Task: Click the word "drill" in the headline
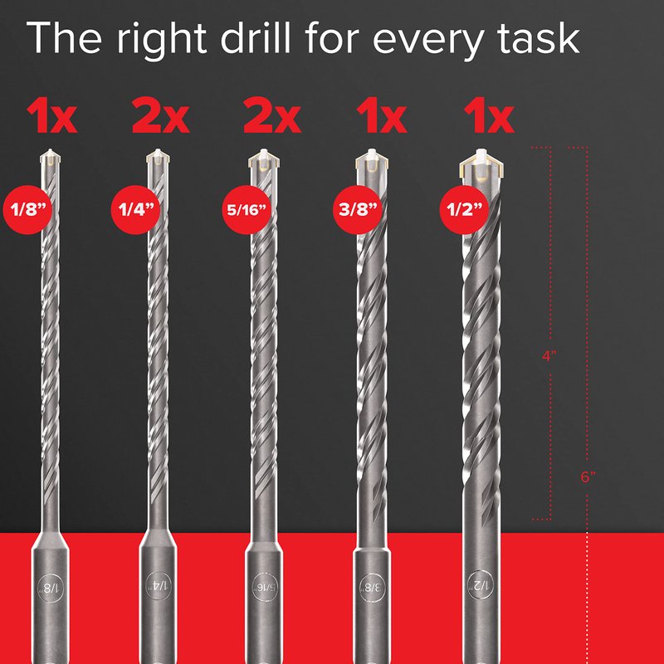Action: pyautogui.click(x=255, y=37)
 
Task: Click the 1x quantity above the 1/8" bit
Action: pyautogui.click(x=51, y=115)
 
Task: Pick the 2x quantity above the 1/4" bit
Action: pyautogui.click(x=160, y=115)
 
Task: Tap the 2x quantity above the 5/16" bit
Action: pyautogui.click(x=272, y=115)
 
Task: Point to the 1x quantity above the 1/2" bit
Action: pyautogui.click(x=489, y=115)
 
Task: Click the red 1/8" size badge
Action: pyautogui.click(x=27, y=210)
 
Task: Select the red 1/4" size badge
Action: pyautogui.click(x=135, y=210)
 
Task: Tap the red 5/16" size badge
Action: pyautogui.click(x=247, y=210)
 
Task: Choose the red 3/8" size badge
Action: pyautogui.click(x=358, y=210)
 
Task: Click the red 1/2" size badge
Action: pyautogui.click(x=464, y=210)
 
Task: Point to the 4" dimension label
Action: pyautogui.click(x=549, y=356)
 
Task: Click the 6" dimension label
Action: pyautogui.click(x=588, y=477)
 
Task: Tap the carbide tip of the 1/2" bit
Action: pyautogui.click(x=481, y=164)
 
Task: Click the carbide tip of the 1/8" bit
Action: pyautogui.click(x=51, y=157)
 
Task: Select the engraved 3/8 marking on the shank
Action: pyautogui.click(x=372, y=588)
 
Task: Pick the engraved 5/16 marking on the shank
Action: pyautogui.click(x=265, y=588)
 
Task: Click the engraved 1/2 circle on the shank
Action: pyautogui.click(x=481, y=586)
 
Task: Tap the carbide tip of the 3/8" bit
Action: pyautogui.click(x=372, y=160)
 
